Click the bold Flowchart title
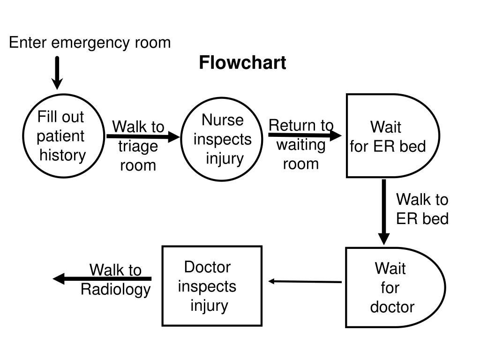[242, 63]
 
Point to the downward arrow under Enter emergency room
[57, 73]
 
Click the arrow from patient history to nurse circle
[143, 136]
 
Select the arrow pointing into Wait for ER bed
[305, 135]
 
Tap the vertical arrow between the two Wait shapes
[384, 212]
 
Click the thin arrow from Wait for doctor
[305, 281]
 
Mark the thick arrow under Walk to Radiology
[102, 278]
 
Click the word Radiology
[116, 290]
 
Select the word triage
[138, 146]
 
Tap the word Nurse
[223, 120]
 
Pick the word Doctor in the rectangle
[207, 267]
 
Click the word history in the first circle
[63, 155]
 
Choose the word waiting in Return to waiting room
[301, 145]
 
